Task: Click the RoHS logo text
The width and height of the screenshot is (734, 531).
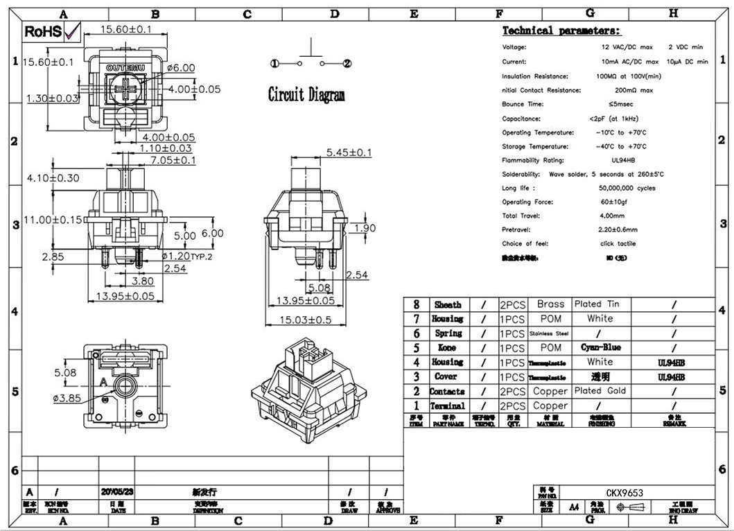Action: point(43,31)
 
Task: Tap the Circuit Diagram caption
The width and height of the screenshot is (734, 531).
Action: point(306,95)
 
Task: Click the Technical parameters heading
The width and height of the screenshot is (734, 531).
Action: point(561,31)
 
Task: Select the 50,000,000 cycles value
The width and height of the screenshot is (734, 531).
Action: point(627,188)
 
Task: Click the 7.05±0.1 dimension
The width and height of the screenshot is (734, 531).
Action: point(173,161)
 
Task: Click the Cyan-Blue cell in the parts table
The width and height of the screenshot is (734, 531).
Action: point(600,347)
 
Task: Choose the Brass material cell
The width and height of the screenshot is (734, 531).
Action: point(550,304)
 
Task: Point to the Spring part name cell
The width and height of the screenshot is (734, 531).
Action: point(448,333)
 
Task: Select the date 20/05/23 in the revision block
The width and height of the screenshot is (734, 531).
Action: point(117,491)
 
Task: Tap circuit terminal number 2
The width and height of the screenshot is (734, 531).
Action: point(348,64)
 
